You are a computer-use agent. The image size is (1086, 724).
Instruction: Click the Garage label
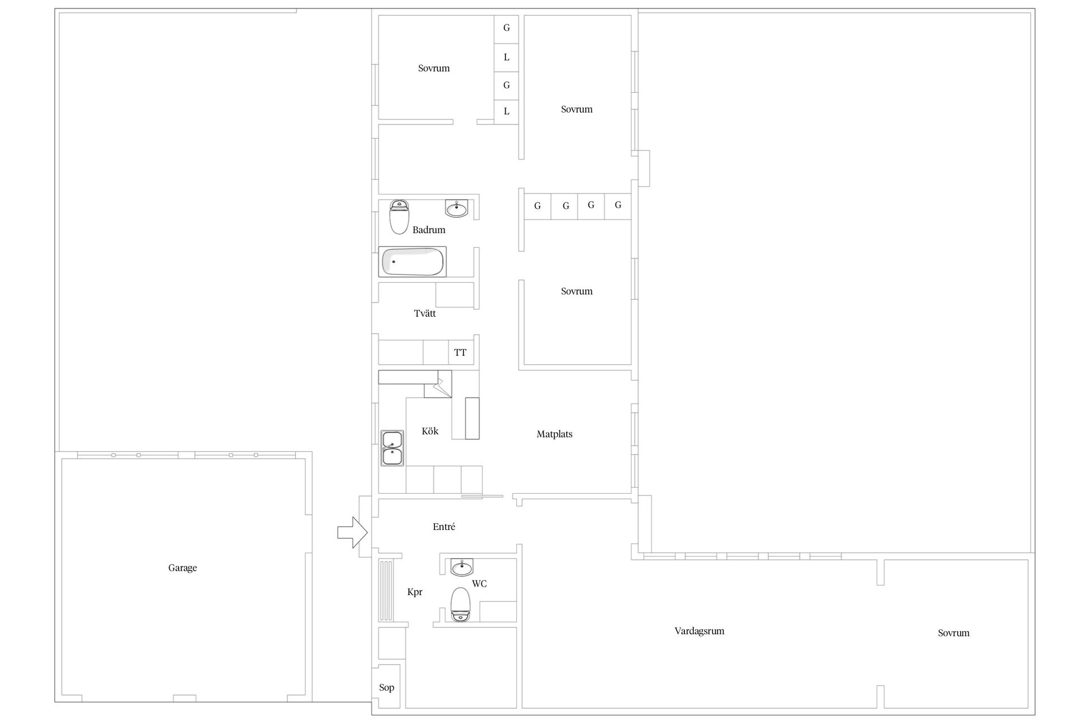point(182,568)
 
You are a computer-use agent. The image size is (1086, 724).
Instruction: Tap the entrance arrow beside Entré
point(352,532)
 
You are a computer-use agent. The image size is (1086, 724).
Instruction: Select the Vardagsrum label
point(699,631)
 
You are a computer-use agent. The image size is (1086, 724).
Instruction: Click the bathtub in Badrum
point(412,262)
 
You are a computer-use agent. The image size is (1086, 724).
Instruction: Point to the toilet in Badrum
point(399,217)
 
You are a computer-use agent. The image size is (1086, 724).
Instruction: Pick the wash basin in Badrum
point(457,209)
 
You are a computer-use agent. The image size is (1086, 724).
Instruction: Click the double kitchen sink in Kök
point(392,448)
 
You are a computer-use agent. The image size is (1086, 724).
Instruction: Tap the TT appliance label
point(460,353)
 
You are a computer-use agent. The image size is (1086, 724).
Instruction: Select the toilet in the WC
point(460,605)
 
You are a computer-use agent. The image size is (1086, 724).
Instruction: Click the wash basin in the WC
point(462,567)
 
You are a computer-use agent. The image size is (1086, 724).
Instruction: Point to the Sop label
point(386,688)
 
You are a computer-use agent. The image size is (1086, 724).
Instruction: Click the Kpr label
point(415,592)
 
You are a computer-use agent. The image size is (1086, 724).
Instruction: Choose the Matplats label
point(554,434)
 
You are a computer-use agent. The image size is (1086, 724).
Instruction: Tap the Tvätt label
point(425,313)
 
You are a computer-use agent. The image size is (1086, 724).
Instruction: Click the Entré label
point(444,527)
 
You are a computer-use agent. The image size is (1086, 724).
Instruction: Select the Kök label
point(430,431)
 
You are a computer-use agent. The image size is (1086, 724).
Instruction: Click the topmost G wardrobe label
point(506,28)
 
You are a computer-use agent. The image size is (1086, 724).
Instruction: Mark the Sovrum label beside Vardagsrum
point(954,633)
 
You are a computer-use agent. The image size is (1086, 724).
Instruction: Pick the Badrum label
point(429,230)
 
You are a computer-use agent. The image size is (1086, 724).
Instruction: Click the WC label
point(479,584)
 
